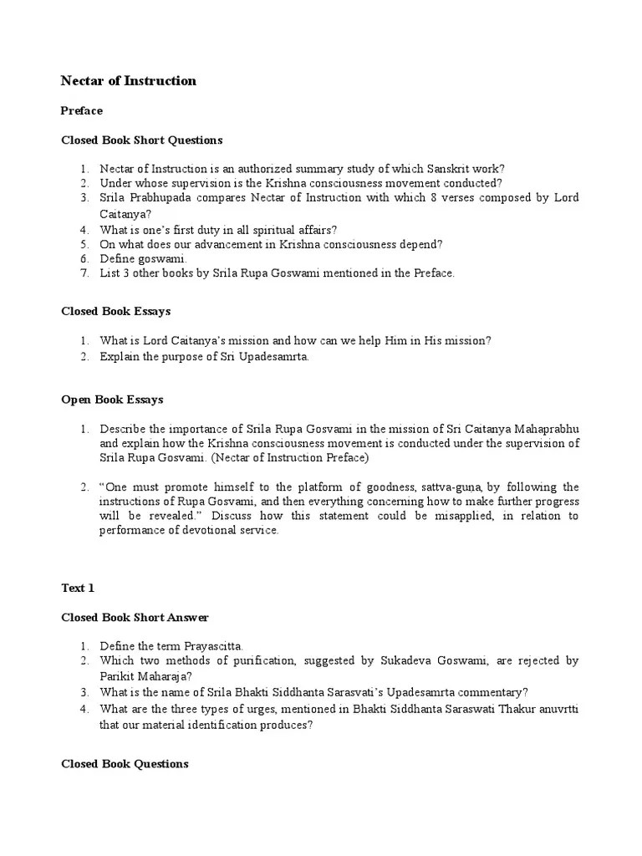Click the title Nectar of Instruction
[x=129, y=81]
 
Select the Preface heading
[x=82, y=110]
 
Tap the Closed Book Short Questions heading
[x=141, y=140]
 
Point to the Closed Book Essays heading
[x=115, y=311]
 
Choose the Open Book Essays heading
[x=112, y=400]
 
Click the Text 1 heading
[x=78, y=588]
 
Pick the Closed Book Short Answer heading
[x=135, y=618]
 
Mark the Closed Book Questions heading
[x=125, y=763]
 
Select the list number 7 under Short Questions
[x=84, y=273]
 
